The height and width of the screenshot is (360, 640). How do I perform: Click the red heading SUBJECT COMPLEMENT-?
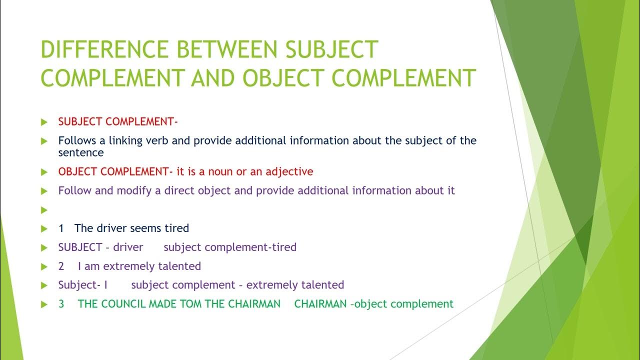tap(118, 121)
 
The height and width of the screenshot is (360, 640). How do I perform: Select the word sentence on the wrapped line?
tap(80, 152)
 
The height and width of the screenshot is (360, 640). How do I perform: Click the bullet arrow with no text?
tap(44, 210)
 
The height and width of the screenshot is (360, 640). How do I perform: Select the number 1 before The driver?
tap(61, 228)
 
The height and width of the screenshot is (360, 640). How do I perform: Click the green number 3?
tap(61, 304)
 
